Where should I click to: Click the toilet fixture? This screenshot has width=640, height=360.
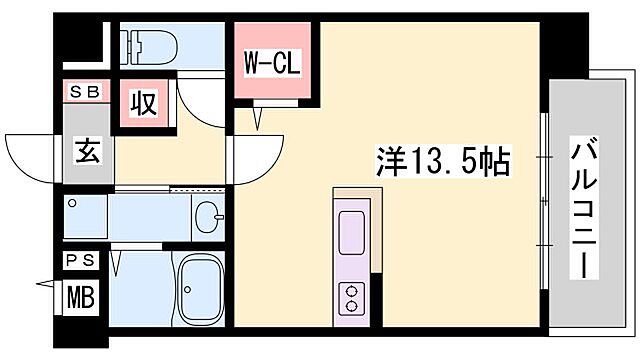(x=150, y=44)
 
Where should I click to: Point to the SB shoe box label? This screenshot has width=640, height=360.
(x=83, y=92)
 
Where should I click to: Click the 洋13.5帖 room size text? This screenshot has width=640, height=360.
(x=443, y=159)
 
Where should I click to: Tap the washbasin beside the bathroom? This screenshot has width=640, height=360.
(x=208, y=216)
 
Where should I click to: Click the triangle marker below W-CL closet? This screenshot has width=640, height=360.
(x=261, y=119)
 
